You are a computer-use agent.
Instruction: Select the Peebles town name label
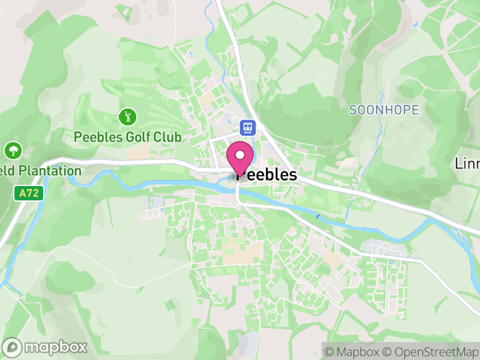click(266, 175)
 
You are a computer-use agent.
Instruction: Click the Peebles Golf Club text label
click(127, 137)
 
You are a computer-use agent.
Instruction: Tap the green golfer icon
click(126, 116)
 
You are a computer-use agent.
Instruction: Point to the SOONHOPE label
click(384, 110)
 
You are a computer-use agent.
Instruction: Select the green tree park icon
click(13, 150)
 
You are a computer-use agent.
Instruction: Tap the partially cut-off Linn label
click(467, 163)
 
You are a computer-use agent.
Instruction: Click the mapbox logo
click(46, 347)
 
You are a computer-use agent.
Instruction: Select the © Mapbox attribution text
click(352, 352)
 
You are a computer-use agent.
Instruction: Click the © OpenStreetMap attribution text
click(430, 352)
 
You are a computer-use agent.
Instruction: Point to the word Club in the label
click(167, 137)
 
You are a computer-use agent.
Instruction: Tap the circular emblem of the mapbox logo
click(13, 347)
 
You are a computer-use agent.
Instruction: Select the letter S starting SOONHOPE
click(353, 110)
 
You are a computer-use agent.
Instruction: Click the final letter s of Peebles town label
click(292, 175)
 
